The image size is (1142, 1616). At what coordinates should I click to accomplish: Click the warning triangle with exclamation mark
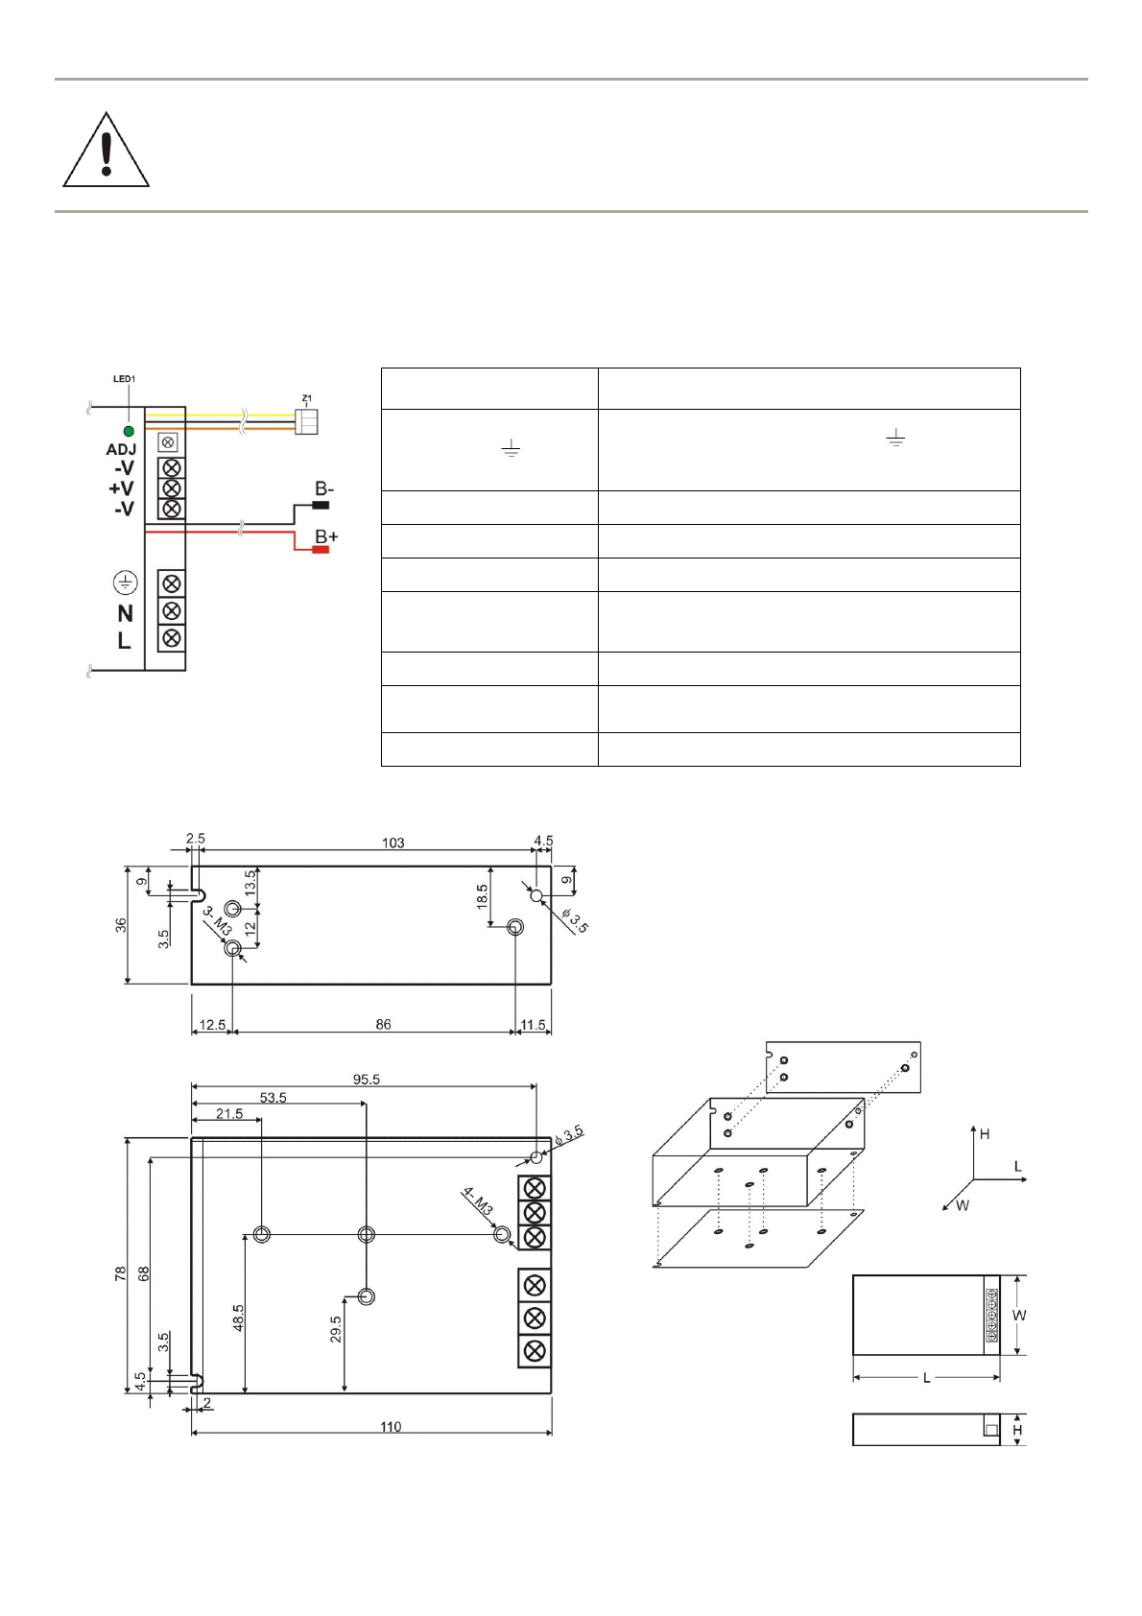coord(107,151)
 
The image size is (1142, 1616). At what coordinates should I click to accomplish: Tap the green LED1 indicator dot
coord(130,432)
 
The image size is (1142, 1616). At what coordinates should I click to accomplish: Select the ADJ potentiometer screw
coord(168,442)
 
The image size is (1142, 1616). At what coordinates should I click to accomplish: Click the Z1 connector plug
coord(306,422)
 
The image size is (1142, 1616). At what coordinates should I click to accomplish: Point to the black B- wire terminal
coord(320,505)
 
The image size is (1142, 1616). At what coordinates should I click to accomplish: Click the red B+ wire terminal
coord(320,550)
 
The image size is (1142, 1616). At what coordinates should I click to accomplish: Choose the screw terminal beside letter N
coord(172,611)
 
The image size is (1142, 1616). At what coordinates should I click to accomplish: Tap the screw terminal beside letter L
coord(172,638)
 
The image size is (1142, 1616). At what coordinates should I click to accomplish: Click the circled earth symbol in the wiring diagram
coord(126,582)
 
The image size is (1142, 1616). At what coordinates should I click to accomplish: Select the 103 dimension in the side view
coord(393,843)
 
